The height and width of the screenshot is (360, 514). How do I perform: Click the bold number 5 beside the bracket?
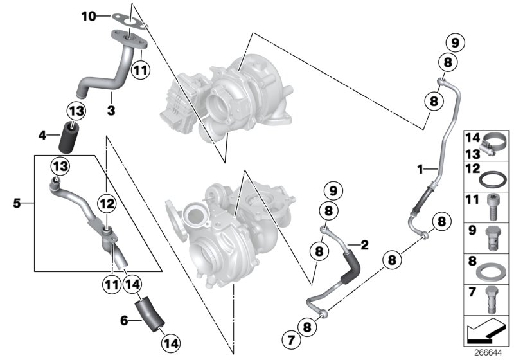coord(17,204)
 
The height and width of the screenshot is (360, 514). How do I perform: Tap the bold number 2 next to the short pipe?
coord(364,244)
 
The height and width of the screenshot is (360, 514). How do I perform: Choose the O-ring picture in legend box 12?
coord(492,177)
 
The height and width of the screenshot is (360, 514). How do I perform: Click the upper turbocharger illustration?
coord(225,100)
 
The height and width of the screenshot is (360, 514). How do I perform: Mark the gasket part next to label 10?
coord(129,19)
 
